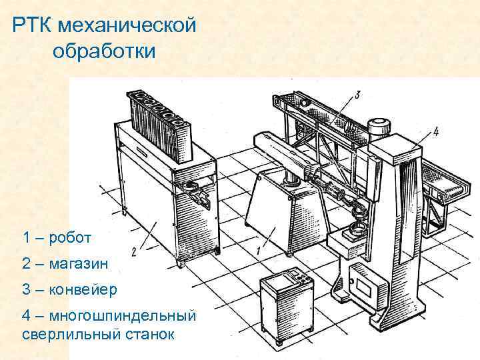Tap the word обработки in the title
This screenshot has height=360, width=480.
[x=102, y=51]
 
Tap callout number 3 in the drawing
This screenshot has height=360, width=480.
[x=357, y=95]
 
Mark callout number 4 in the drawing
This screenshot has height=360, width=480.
[x=435, y=131]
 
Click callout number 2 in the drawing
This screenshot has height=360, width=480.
[x=134, y=251]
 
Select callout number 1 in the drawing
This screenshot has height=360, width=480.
[x=257, y=251]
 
